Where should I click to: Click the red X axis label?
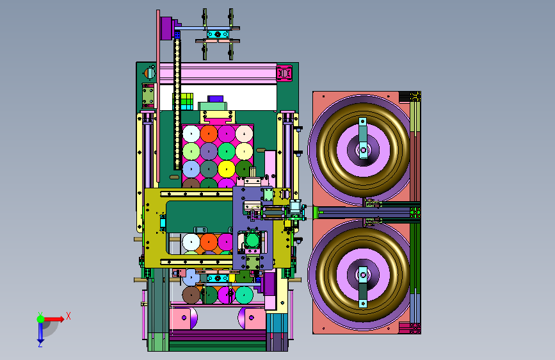68,316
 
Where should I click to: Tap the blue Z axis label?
40,344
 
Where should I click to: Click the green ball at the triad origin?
41,319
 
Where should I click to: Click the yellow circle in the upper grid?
227,169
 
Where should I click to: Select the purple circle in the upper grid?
209,151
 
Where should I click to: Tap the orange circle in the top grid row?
209,134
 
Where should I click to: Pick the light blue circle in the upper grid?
191,169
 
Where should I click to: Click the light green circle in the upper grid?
191,151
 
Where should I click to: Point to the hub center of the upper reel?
363,149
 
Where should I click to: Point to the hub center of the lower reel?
363,275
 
